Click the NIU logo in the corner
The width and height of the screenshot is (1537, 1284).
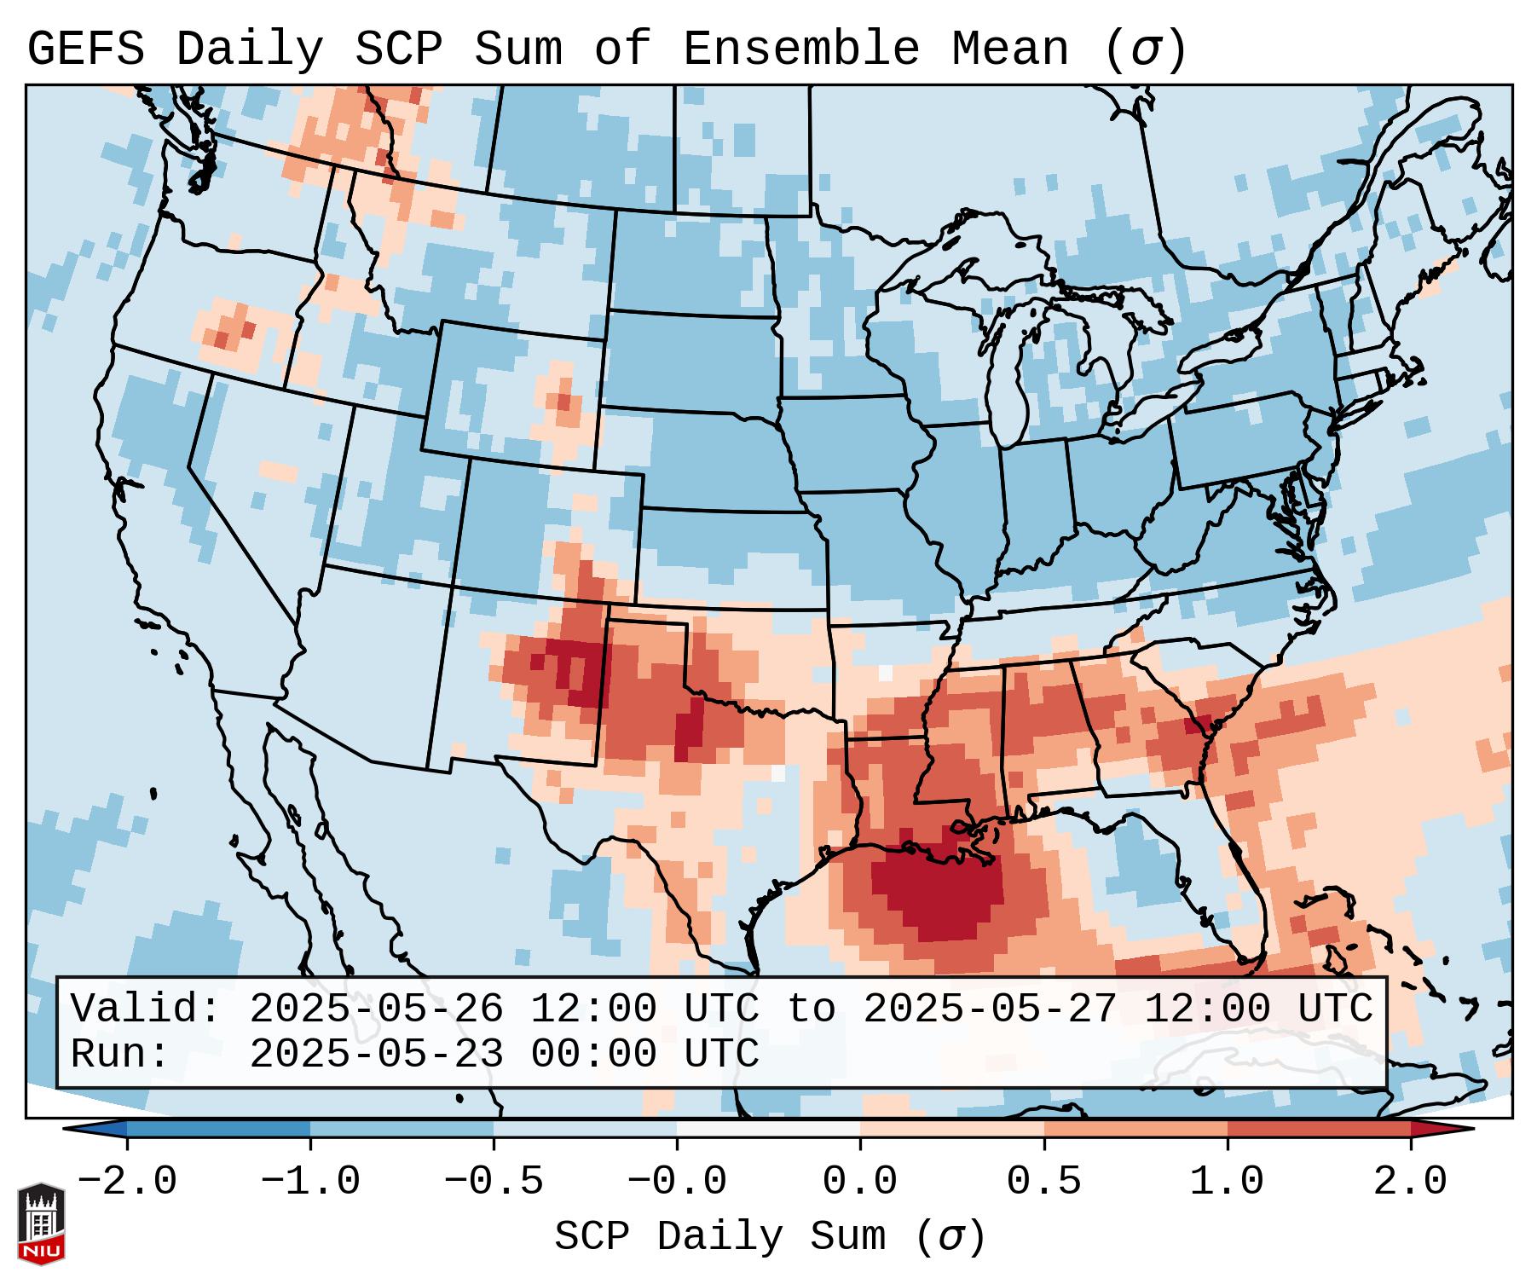coord(41,1223)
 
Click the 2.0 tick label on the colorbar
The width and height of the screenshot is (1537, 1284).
coord(1410,1182)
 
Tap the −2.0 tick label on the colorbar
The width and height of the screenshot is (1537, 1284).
coord(127,1182)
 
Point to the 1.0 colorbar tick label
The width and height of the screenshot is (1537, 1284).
coord(1227,1182)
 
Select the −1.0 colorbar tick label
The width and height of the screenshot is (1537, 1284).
coord(310,1182)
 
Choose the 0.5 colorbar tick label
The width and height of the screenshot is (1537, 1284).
coord(1043,1182)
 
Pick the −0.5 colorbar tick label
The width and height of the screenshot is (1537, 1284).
coord(494,1182)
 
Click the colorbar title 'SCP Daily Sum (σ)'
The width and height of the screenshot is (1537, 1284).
coord(769,1237)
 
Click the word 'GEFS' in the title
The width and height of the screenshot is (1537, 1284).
coord(85,49)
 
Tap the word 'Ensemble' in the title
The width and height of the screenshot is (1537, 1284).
coord(800,49)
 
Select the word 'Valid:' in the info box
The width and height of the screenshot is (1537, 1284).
coord(146,1009)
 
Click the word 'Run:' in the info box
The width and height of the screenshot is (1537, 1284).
coord(120,1054)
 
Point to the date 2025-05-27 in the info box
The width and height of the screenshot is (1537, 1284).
coord(990,1009)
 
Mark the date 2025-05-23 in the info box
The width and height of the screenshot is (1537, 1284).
coord(376,1054)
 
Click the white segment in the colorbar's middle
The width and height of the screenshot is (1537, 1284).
coord(768,1129)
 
